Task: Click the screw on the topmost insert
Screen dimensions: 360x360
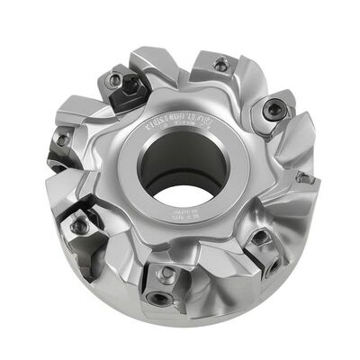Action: coord(220,64)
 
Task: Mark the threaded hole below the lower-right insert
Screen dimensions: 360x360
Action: coord(271,267)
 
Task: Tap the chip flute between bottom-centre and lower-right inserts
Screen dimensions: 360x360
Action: coord(216,270)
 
